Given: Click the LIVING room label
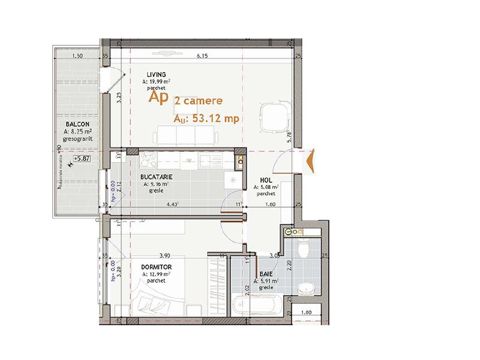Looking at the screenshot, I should [156, 74].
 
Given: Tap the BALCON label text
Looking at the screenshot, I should [78, 125].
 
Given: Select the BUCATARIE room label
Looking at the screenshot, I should [157, 178].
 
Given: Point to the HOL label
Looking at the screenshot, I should [266, 180].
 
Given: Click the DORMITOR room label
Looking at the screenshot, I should [157, 267].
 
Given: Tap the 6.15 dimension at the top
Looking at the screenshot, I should [202, 56].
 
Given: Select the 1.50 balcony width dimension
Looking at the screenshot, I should [77, 56].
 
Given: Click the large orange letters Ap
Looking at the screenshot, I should [158, 97].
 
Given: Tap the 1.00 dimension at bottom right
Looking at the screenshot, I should [305, 312].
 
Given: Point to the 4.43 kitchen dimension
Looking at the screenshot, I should [174, 205].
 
